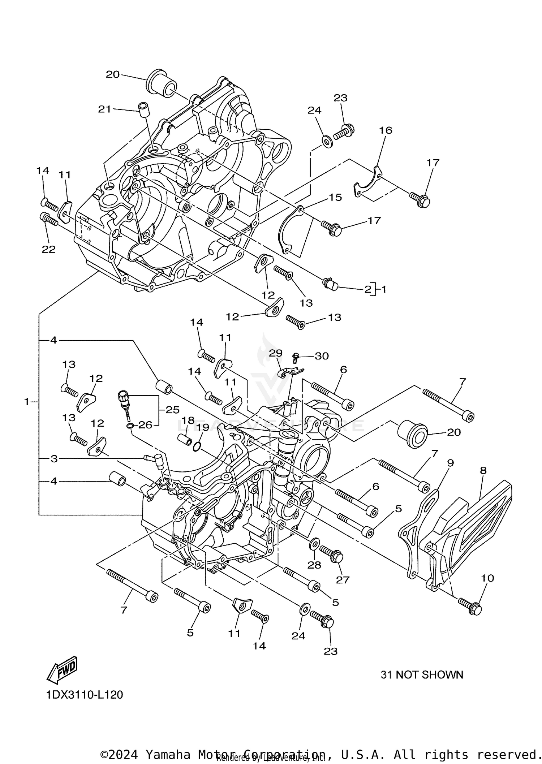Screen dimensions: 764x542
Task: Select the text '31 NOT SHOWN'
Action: click(x=422, y=675)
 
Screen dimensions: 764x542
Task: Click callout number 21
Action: click(x=104, y=109)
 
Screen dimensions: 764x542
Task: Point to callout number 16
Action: click(x=386, y=130)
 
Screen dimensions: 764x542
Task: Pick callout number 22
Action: click(x=49, y=249)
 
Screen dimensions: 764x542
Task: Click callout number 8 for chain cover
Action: click(x=483, y=470)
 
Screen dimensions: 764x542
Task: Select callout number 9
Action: click(x=450, y=463)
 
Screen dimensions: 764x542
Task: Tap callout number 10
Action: click(x=487, y=578)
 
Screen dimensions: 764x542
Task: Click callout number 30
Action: click(x=322, y=356)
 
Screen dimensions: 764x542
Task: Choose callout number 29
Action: click(x=276, y=353)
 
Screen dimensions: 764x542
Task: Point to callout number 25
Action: click(x=173, y=410)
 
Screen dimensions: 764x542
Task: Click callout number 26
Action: click(x=145, y=425)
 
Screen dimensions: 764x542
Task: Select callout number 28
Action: click(x=314, y=565)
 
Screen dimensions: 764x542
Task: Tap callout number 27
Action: click(x=343, y=580)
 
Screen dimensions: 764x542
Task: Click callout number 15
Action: click(x=335, y=197)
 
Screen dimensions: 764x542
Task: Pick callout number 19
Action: click(x=203, y=428)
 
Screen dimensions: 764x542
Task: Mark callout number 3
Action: click(x=54, y=459)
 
